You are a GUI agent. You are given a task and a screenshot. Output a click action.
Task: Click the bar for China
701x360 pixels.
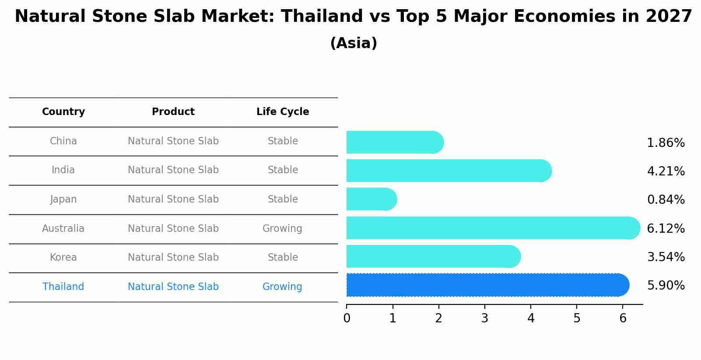tap(394, 142)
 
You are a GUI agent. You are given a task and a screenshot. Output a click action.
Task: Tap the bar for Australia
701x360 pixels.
tap(492, 228)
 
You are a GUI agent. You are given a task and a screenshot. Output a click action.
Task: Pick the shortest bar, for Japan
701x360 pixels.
tap(371, 199)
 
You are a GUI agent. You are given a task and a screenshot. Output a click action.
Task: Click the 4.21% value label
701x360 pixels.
tap(666, 171)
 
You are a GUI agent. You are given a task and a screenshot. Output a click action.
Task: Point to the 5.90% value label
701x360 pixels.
tap(666, 286)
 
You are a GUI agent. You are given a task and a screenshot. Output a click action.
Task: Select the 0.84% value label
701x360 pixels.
tap(666, 200)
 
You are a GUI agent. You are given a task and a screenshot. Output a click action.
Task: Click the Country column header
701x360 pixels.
tap(63, 112)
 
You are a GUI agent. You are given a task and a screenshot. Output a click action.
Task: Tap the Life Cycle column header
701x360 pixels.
tap(283, 112)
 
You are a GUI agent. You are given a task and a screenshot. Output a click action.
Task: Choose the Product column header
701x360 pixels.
tap(173, 112)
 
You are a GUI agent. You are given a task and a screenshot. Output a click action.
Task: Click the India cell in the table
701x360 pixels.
tap(63, 170)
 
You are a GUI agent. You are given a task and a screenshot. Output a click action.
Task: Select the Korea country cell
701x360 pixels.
tap(63, 258)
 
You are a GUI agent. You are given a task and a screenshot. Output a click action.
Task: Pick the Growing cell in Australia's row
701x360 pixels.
tap(282, 228)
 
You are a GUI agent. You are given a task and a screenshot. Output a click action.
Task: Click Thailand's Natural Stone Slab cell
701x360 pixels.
tap(173, 287)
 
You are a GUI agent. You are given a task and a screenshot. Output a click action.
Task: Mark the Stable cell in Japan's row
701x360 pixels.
tap(283, 199)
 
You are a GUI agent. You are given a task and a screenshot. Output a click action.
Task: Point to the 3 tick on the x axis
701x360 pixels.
tap(485, 318)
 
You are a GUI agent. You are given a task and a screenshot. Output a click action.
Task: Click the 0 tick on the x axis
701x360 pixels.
tap(347, 318)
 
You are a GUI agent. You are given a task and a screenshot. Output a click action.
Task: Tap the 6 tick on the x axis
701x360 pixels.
tap(623, 318)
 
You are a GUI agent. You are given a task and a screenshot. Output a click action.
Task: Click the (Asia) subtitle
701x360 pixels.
tap(354, 43)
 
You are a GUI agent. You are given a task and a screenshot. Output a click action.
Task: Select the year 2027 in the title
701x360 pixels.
tap(669, 17)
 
